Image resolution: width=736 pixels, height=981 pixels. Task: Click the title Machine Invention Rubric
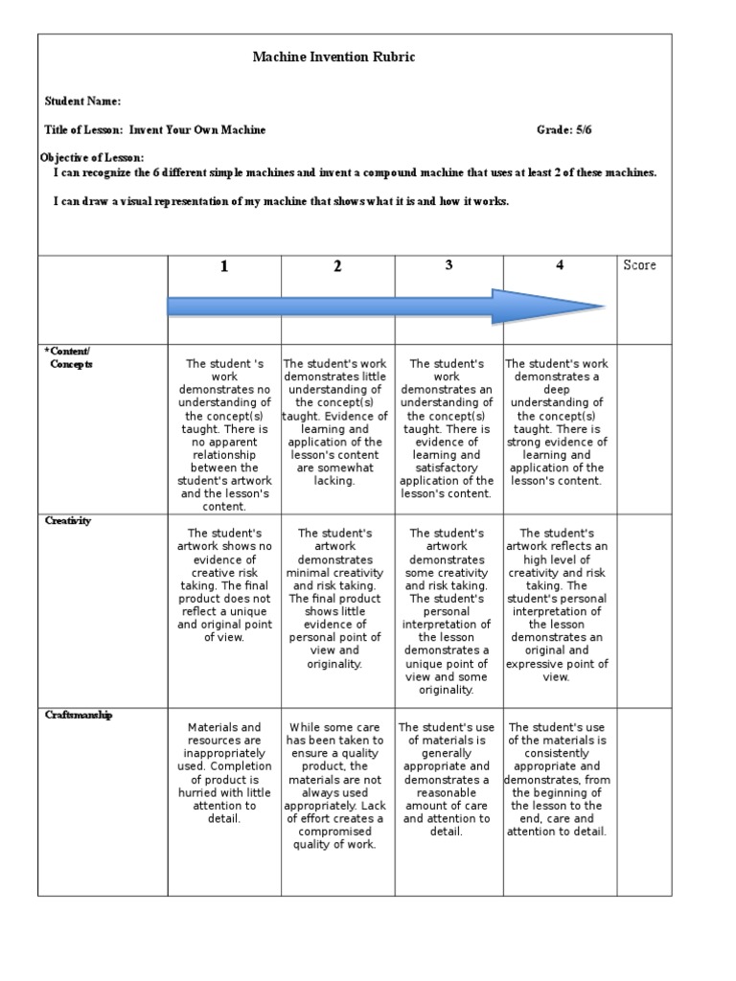333,57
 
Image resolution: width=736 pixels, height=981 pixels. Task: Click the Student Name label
82,102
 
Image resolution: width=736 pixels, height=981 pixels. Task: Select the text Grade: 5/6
570,129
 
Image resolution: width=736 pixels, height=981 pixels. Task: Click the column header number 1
224,267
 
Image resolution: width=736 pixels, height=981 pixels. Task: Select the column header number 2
337,267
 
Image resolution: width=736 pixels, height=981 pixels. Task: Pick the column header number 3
448,265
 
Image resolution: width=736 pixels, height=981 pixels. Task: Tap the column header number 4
560,265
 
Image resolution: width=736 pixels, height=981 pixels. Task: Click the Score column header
639,265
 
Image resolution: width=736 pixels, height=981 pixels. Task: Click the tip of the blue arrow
604,307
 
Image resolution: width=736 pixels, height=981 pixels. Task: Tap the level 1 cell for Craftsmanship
224,773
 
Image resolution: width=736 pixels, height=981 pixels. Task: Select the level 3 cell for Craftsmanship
447,780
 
